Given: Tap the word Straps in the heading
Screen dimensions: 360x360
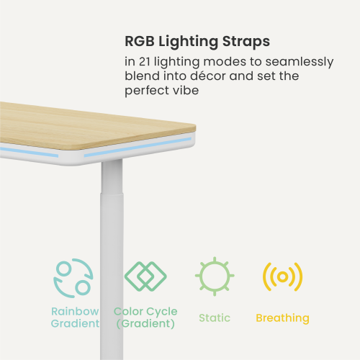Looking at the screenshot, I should [247, 40].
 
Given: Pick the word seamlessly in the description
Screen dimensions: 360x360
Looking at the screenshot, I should [298, 62].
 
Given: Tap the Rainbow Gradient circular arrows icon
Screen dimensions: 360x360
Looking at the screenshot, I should [73, 277].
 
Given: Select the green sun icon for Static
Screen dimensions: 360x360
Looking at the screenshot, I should [213, 276].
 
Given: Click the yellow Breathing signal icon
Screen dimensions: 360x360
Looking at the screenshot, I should [282, 276].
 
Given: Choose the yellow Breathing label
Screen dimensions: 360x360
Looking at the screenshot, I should [282, 318].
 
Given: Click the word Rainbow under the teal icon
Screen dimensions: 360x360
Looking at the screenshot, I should [74, 311].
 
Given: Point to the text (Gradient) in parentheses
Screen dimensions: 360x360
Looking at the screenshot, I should [145, 324].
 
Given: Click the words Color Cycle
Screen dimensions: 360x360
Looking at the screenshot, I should [145, 311].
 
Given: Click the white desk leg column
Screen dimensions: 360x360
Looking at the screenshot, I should [112, 216].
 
